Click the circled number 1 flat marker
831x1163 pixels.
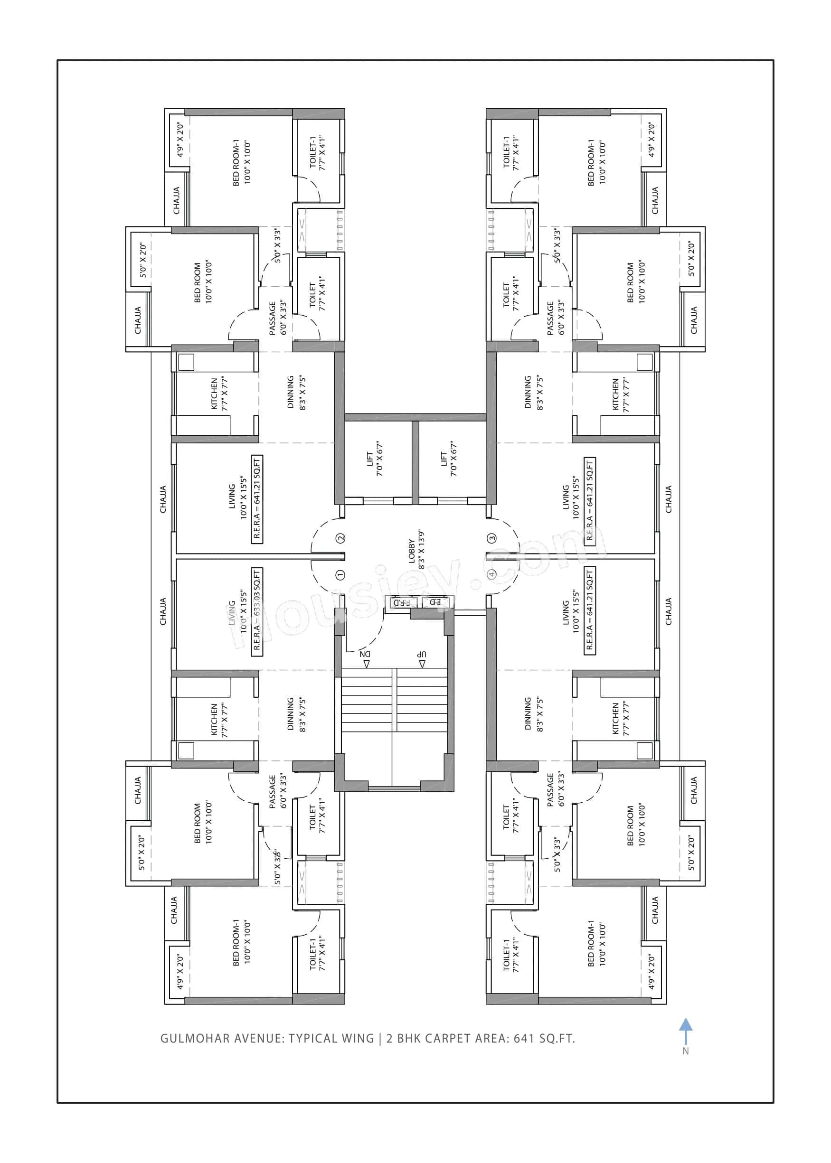point(340,575)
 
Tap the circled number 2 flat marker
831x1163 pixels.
point(340,538)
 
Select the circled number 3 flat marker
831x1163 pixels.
point(492,538)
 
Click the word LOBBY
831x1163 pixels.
point(412,551)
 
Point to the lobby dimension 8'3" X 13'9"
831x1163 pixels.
point(422,550)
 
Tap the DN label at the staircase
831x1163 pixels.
point(364,654)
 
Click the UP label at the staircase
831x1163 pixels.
point(421,654)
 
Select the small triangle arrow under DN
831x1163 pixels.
point(367,664)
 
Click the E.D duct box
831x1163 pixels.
point(435,602)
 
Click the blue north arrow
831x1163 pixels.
point(686,1031)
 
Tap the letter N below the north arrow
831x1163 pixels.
point(686,1051)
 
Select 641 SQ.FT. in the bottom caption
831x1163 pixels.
point(545,1039)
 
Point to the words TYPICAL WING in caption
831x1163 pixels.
point(331,1039)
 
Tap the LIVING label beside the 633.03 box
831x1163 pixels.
point(232,612)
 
